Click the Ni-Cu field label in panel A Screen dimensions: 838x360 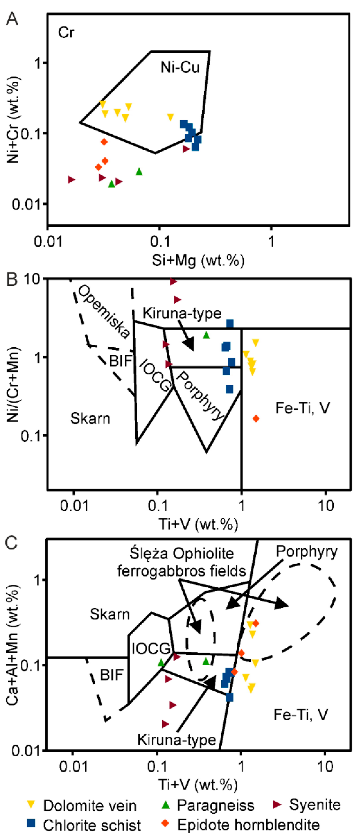click(x=180, y=67)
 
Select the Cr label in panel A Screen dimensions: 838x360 click(x=66, y=32)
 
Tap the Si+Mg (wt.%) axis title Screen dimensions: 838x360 click(x=198, y=261)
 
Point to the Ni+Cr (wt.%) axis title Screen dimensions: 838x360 click(x=14, y=120)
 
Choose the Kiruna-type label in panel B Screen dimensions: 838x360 click(x=182, y=313)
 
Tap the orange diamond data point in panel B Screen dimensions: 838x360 click(x=256, y=419)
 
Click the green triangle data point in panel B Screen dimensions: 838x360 click(x=206, y=335)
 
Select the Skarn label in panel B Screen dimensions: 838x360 click(x=90, y=418)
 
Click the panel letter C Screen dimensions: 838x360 click(x=12, y=542)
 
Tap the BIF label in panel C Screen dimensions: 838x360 click(x=112, y=675)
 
